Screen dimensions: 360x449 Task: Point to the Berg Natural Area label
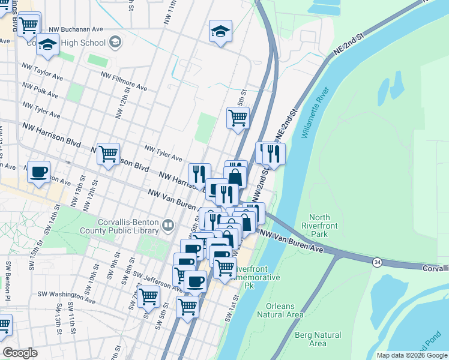click(x=318, y=339)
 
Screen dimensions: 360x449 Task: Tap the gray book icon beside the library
click(x=168, y=226)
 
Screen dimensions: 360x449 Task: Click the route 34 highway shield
click(x=376, y=262)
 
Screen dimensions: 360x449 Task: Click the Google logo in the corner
click(x=20, y=353)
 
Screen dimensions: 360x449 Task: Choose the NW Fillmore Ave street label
click(x=124, y=82)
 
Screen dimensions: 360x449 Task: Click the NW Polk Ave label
click(x=40, y=90)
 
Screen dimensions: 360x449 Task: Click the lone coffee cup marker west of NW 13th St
click(x=40, y=172)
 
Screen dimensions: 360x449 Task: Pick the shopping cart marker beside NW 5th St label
click(x=238, y=118)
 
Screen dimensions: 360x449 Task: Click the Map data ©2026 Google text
click(x=411, y=355)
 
